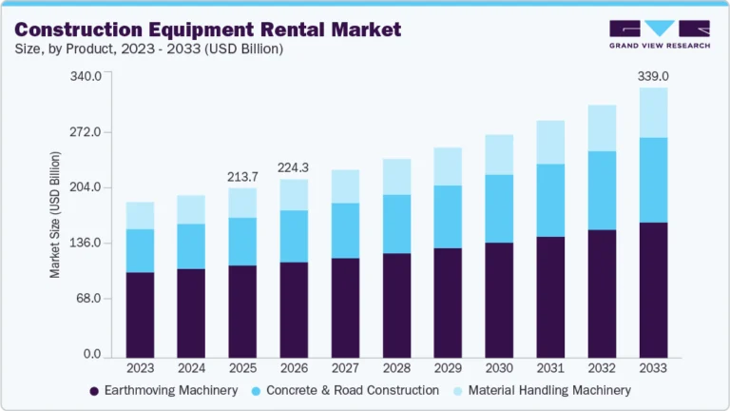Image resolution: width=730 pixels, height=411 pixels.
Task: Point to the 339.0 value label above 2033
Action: click(653, 75)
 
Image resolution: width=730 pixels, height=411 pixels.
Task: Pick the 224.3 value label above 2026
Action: click(294, 167)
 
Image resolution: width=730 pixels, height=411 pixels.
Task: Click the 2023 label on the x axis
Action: click(140, 368)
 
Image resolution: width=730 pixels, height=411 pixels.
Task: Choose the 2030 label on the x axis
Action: click(499, 368)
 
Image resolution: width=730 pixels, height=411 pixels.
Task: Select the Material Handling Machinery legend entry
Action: click(549, 390)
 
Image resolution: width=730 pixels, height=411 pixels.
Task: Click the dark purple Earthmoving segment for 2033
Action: click(653, 290)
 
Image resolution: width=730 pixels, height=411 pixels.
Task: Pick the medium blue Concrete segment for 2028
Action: click(396, 224)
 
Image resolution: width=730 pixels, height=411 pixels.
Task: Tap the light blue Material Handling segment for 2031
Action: click(550, 143)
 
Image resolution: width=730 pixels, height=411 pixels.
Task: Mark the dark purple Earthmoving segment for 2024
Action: click(191, 313)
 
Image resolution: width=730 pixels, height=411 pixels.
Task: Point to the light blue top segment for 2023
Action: click(140, 215)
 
